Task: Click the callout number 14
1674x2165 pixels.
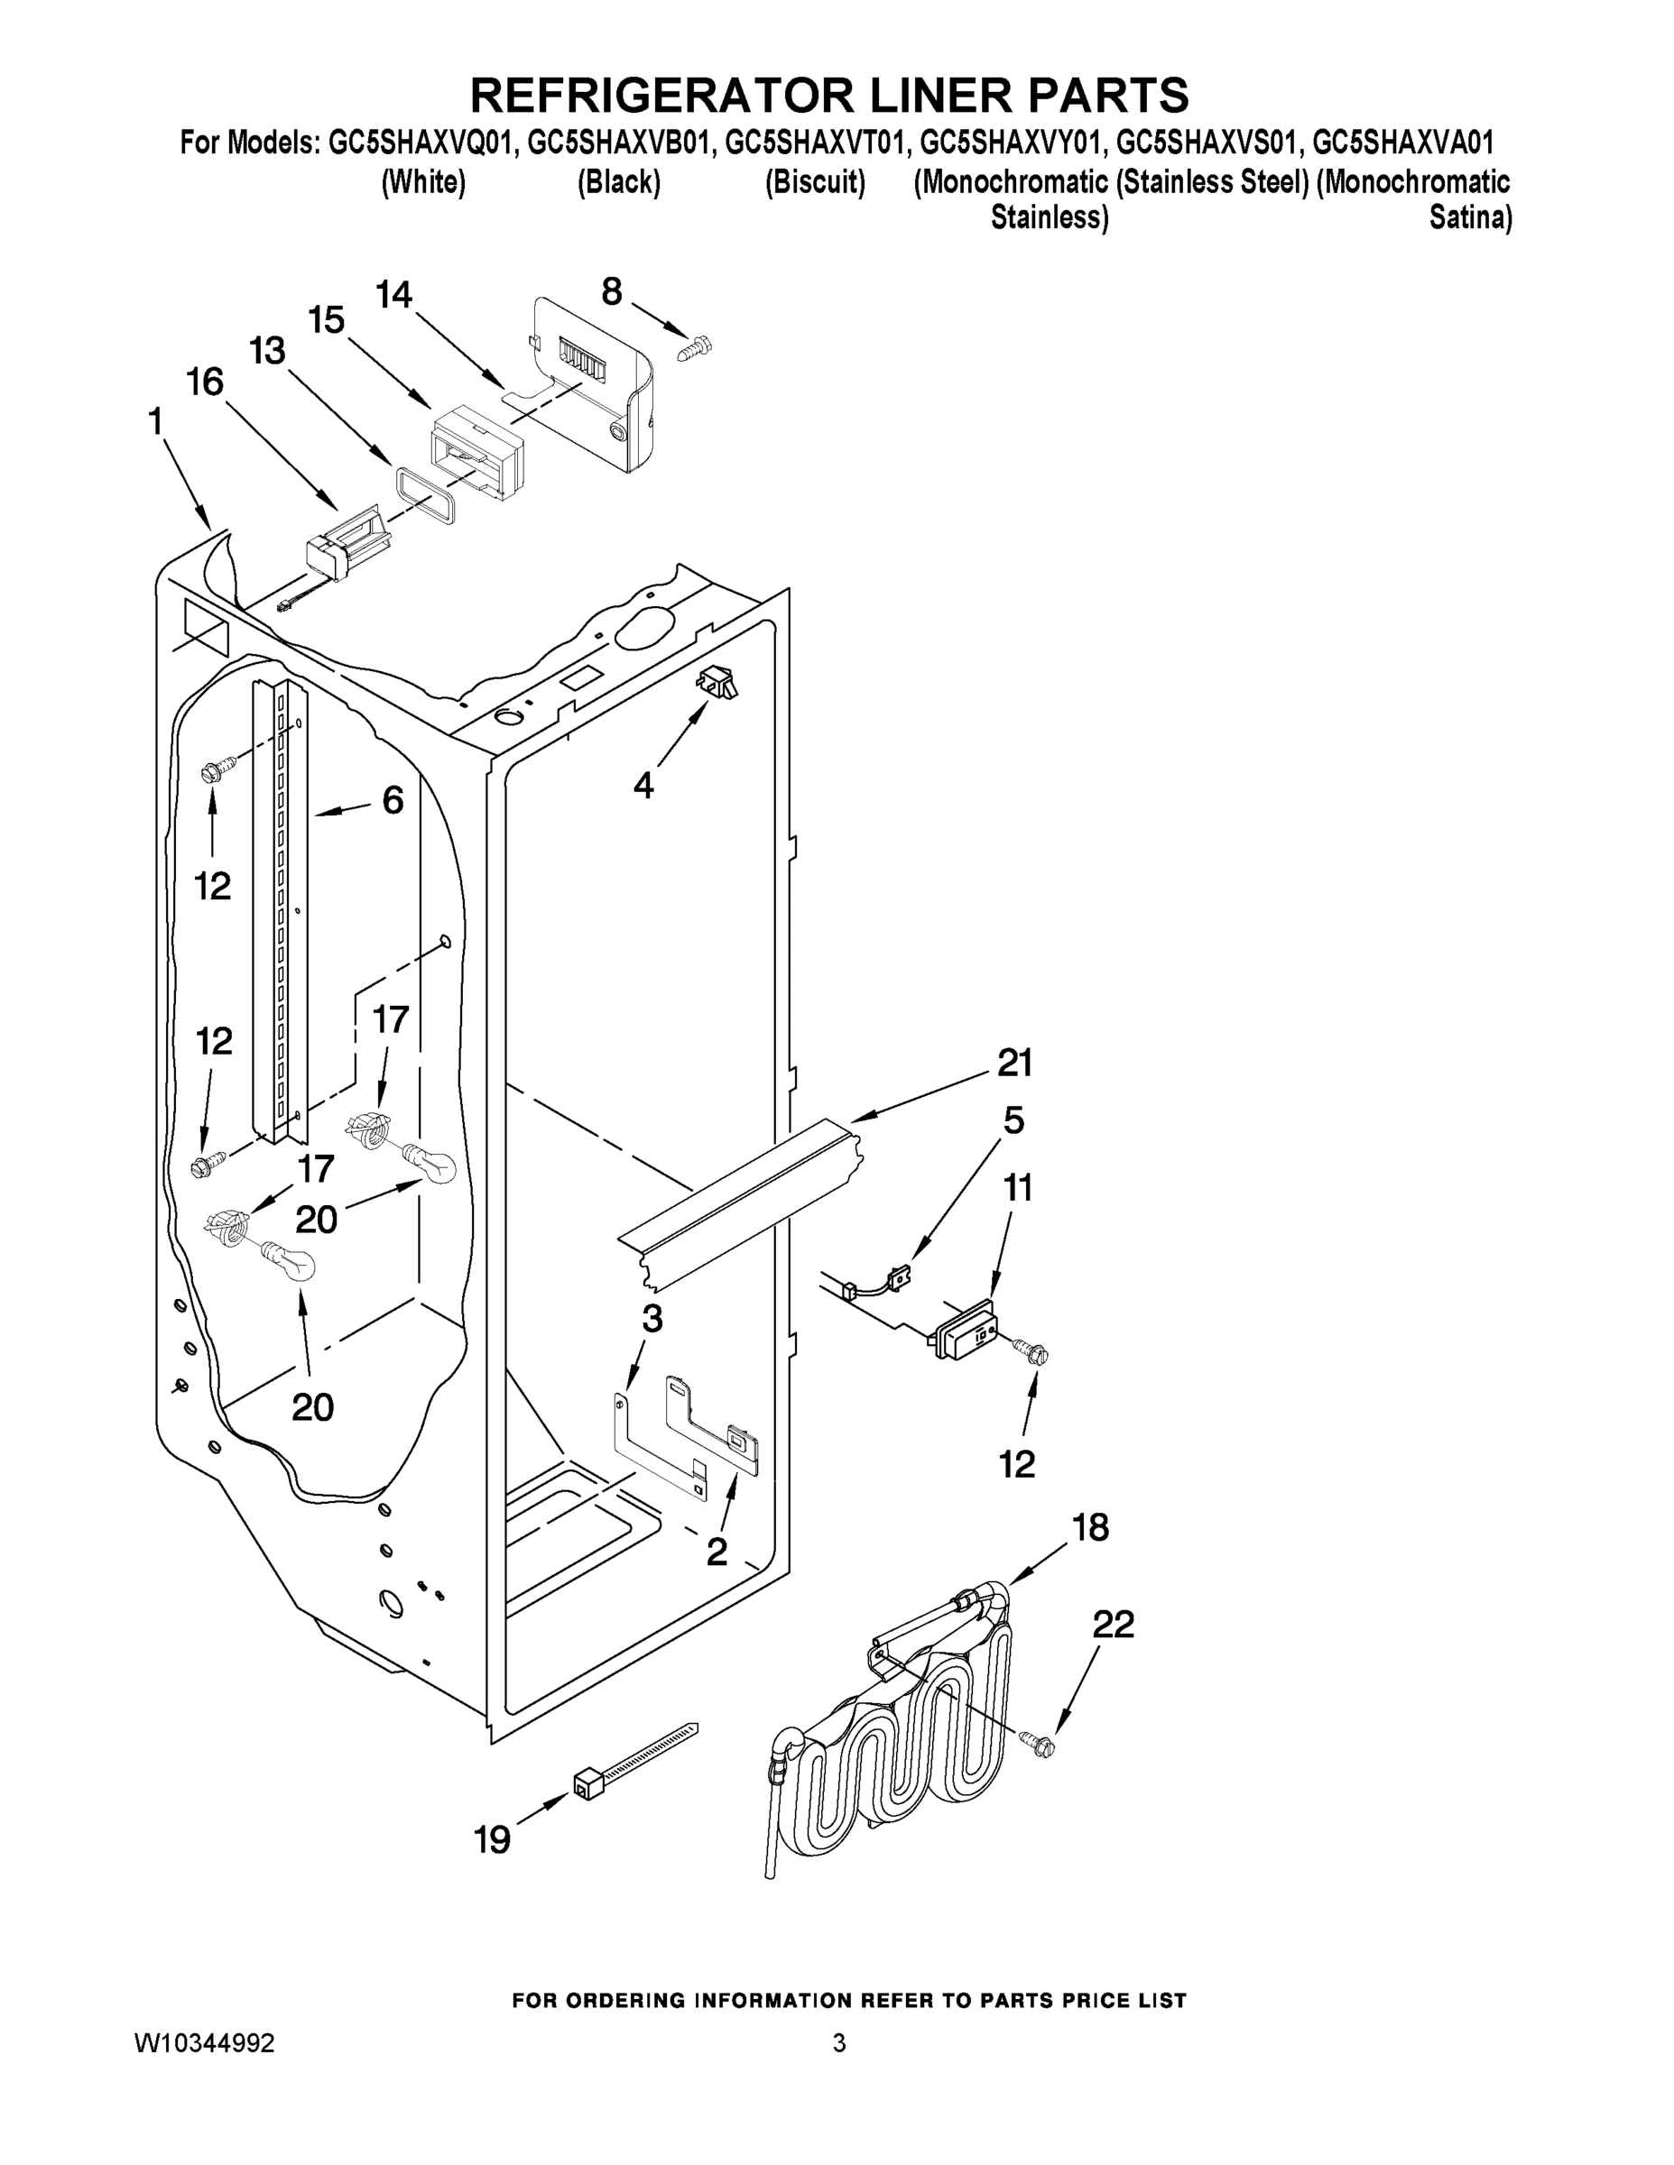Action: [393, 294]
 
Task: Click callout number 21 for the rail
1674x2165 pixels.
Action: [1014, 1063]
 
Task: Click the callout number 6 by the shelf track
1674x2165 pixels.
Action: [393, 800]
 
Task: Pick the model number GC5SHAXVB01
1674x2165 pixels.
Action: [620, 143]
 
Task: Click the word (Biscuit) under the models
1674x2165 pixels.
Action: [815, 182]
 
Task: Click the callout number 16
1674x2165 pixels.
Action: [205, 382]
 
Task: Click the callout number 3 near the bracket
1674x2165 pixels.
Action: [652, 1319]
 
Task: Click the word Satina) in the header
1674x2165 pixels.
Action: [1470, 217]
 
